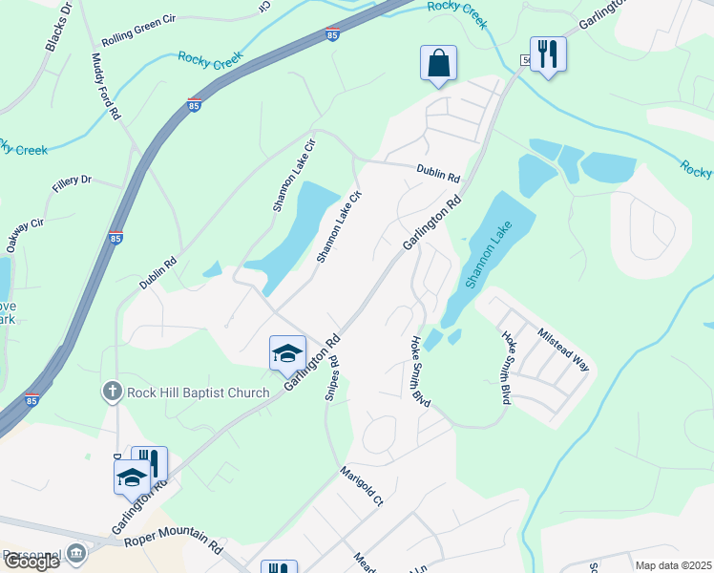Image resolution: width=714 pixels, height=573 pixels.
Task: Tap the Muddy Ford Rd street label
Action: coord(106,87)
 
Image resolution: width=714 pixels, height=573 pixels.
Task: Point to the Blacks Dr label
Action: coord(58,29)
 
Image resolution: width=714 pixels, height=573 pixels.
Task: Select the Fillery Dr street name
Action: coord(72,180)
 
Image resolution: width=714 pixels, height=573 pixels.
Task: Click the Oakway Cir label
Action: coord(25,235)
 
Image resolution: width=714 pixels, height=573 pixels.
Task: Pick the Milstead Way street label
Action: coord(563,351)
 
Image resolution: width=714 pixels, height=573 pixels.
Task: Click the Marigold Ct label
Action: coord(362,486)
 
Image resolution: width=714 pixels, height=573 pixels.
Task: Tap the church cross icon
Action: coord(112,392)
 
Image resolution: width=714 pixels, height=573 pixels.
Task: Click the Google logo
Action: coord(31,562)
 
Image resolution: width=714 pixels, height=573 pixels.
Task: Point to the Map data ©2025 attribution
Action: coord(673,565)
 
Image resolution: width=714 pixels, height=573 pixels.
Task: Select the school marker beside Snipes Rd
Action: coord(287,353)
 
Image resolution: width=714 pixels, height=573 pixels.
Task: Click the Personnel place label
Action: coord(31,554)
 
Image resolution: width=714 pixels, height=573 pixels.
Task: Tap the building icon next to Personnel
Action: coord(75,555)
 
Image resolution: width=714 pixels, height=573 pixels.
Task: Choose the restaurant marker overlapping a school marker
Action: coord(148,462)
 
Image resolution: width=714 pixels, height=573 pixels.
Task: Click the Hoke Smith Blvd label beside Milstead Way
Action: coord(504,367)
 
